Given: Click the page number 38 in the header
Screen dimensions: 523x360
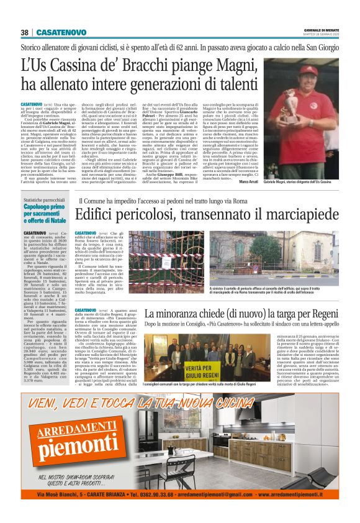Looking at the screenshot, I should tap(25, 32).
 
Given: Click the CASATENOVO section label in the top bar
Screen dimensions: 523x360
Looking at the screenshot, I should tap(61, 32).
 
